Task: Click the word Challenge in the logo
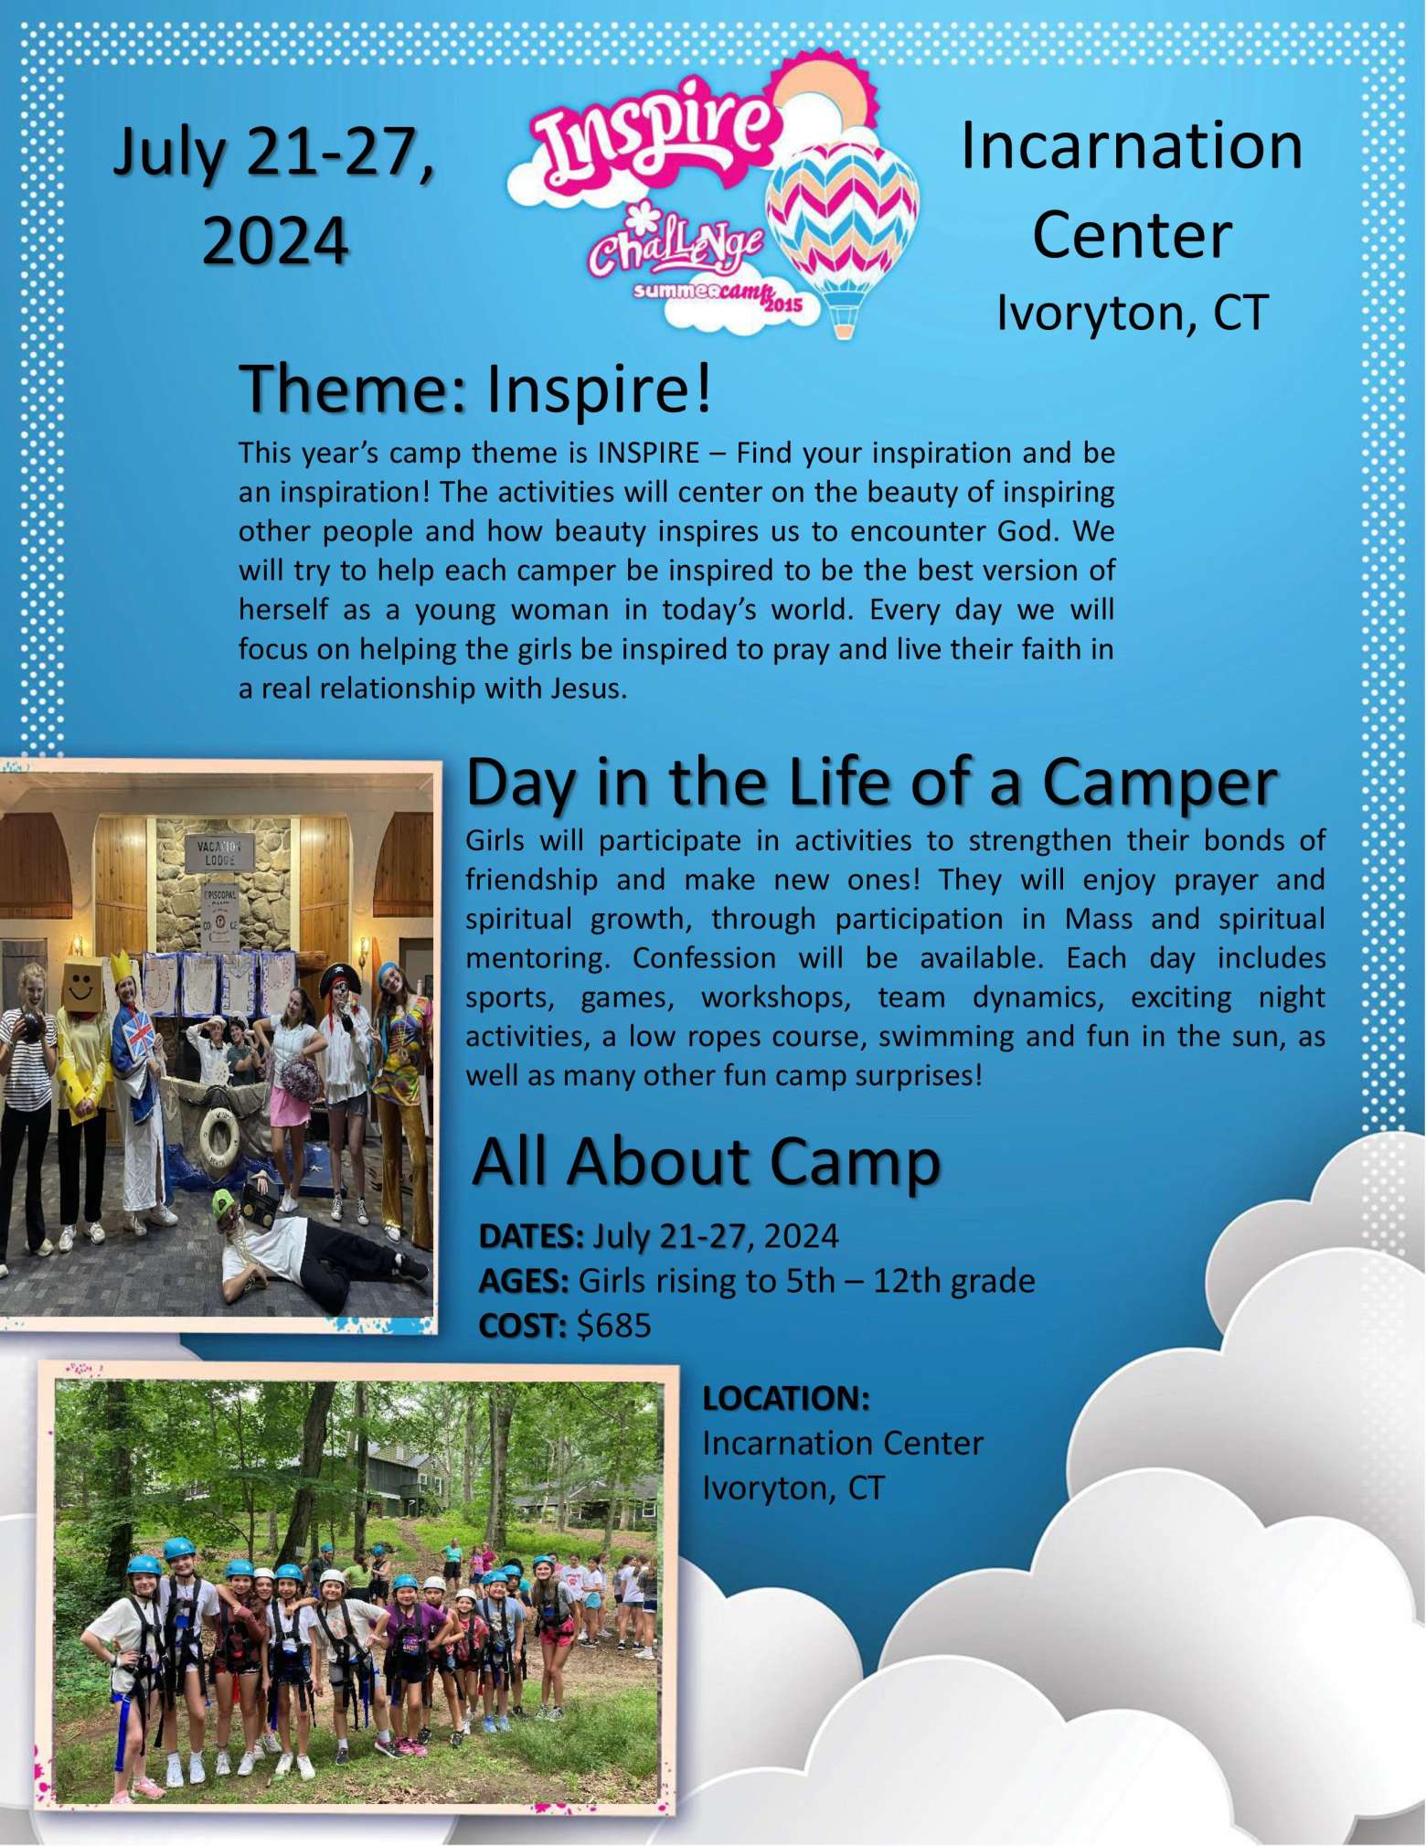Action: coord(675,243)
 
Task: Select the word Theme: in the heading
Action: coord(353,389)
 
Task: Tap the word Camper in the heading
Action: coord(1159,784)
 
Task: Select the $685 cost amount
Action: coord(614,1325)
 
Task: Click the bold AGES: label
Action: coord(525,1281)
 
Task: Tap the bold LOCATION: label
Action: coord(786,1398)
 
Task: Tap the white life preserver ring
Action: coord(218,1136)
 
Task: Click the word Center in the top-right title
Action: coord(1132,235)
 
